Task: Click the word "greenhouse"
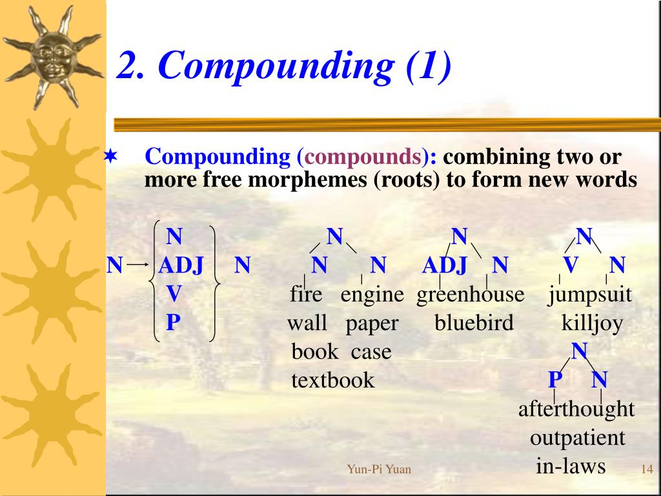471,295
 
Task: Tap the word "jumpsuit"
590,295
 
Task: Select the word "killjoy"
592,323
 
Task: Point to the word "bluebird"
474,323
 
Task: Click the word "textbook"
332,380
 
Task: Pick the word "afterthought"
576,409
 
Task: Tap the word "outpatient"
577,438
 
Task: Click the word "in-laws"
571,466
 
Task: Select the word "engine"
372,295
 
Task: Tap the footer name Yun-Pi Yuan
379,470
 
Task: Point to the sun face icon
52,54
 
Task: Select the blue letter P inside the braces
172,322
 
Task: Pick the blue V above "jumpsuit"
570,265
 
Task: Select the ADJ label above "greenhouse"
444,265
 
